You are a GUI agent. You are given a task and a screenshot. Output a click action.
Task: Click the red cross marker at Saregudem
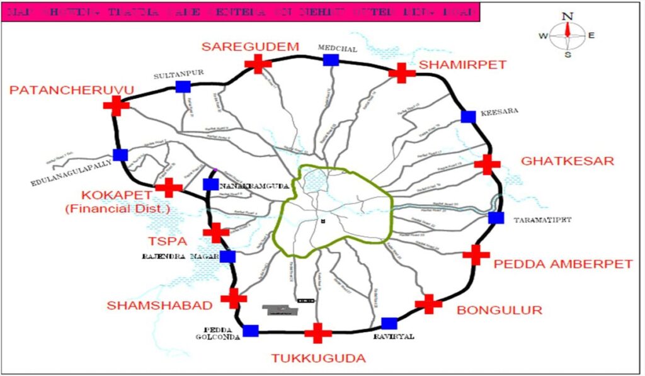[x=258, y=64]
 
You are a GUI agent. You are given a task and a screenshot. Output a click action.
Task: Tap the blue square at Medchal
[x=331, y=60]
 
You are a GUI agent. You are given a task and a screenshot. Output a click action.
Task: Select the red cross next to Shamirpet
[x=402, y=72]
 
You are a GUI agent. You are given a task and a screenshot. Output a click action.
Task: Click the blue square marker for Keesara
[x=468, y=117]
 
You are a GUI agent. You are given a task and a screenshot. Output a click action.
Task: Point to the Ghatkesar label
[x=567, y=161]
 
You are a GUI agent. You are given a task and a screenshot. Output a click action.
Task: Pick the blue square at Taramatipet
[x=496, y=218]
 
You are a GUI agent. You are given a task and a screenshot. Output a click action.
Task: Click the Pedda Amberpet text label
[x=562, y=264]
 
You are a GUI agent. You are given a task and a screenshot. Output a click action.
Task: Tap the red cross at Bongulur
[x=429, y=304]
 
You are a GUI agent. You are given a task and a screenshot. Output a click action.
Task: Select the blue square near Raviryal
[x=389, y=324]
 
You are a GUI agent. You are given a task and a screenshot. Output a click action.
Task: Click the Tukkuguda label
[x=318, y=358]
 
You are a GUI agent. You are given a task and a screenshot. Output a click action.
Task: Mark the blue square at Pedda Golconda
[x=251, y=331]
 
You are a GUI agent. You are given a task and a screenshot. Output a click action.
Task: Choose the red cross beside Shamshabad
[x=234, y=299]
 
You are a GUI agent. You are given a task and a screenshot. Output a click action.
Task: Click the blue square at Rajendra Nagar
[x=227, y=256]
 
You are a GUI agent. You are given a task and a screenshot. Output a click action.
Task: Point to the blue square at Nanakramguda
[x=210, y=185]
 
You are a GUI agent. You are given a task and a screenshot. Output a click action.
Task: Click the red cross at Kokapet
[x=168, y=188]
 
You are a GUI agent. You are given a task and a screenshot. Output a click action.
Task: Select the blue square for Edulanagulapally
[x=120, y=155]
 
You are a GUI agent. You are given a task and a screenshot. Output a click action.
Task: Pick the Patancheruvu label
[x=72, y=91]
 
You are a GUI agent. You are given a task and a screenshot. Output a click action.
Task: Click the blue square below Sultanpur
[x=183, y=87]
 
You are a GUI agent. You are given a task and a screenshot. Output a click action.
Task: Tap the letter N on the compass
[x=568, y=16]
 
